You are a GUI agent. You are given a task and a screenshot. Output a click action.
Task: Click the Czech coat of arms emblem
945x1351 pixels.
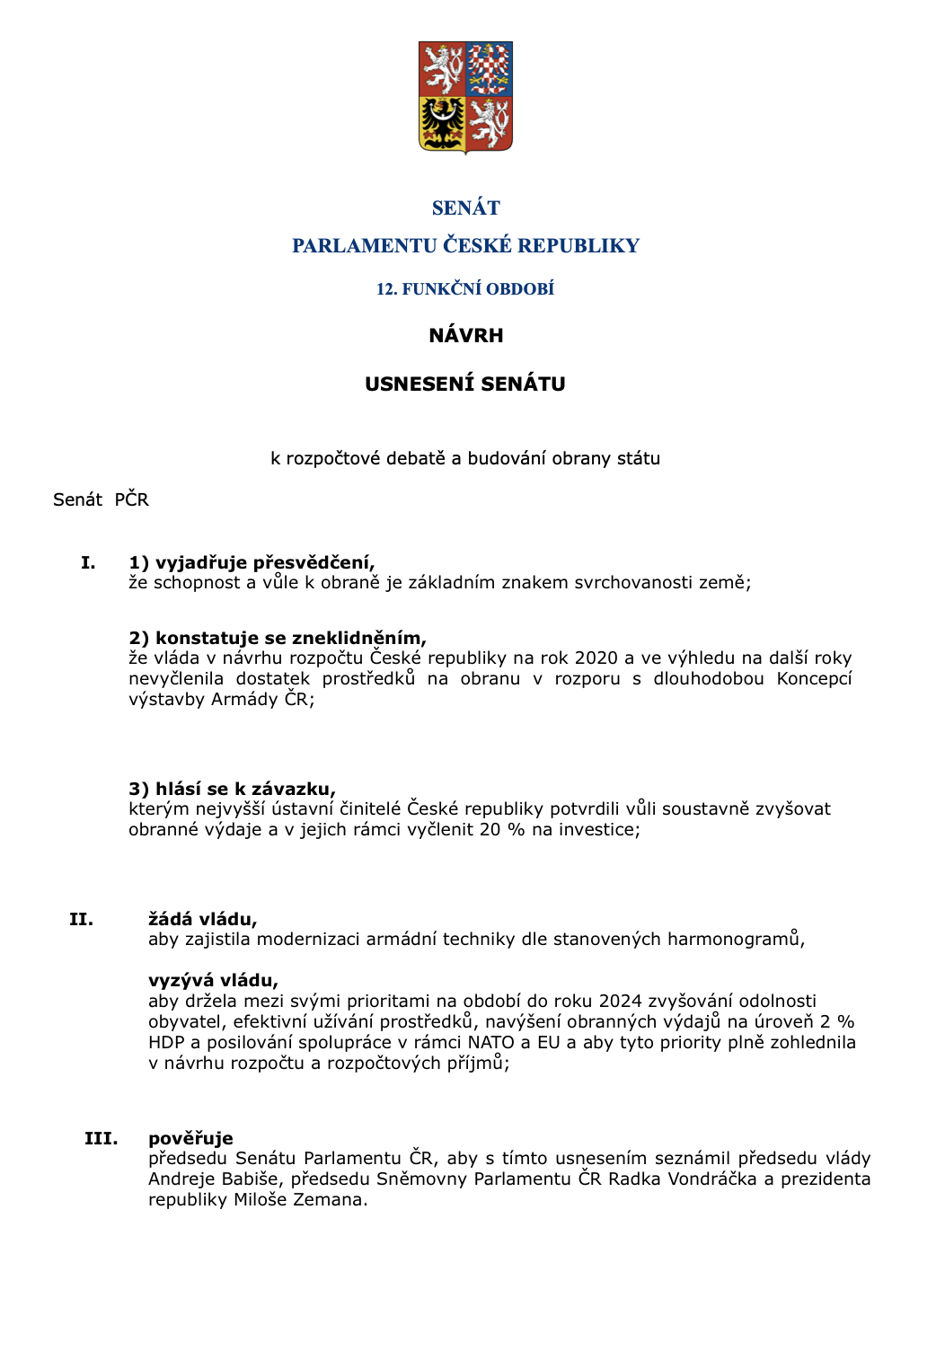point(465,96)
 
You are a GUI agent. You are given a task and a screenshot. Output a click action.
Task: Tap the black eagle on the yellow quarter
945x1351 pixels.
point(443,123)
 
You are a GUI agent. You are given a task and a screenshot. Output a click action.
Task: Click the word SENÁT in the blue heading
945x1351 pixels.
point(465,208)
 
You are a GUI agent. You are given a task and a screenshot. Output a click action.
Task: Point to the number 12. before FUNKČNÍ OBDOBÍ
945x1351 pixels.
point(386,289)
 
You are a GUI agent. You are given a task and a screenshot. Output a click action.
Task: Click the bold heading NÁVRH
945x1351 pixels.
point(465,336)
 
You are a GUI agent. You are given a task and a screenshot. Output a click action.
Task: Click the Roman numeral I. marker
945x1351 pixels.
point(88,563)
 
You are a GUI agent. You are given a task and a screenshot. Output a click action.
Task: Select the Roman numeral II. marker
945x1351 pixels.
point(81,920)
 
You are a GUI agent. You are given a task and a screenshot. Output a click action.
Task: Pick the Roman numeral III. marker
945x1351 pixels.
point(101,1139)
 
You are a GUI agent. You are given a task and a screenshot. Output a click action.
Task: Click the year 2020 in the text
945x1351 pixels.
point(596,658)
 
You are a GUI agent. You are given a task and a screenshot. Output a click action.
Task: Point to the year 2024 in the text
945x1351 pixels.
point(621,1002)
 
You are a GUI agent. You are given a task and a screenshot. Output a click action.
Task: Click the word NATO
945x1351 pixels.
point(490,1043)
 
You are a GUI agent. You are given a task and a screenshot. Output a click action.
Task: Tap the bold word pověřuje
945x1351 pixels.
point(190,1139)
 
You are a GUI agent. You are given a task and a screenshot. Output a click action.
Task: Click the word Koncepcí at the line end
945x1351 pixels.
point(814,679)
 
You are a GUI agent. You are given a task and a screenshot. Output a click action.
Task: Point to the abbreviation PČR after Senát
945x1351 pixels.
point(131,500)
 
